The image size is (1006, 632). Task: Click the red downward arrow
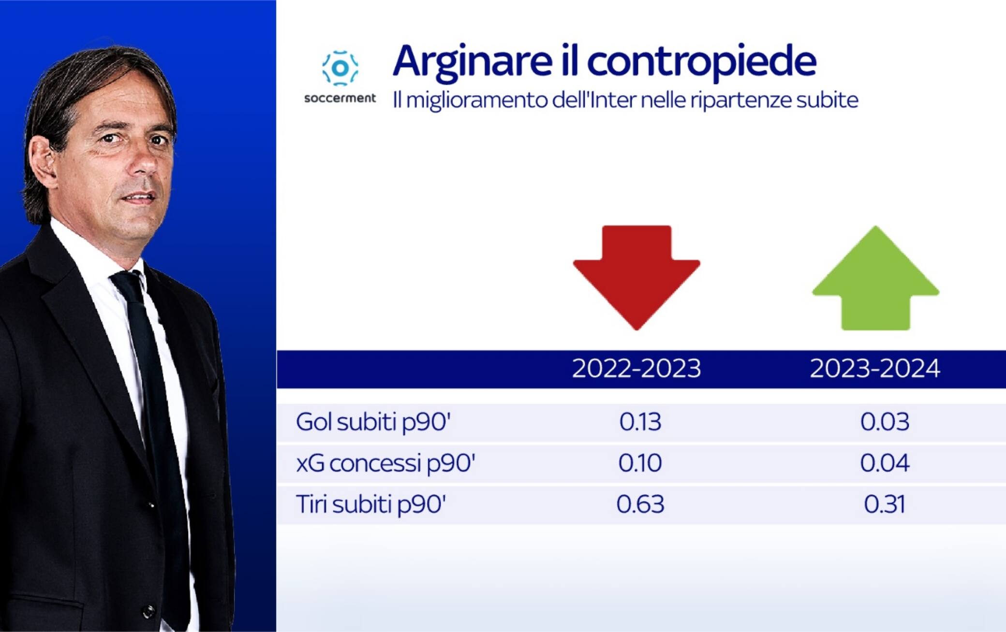[636, 277]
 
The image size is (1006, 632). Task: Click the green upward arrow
[875, 278]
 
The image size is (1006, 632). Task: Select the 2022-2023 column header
[636, 369]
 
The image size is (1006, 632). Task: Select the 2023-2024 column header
[875, 369]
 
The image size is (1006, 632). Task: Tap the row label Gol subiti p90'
[373, 422]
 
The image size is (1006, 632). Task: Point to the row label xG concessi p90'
[385, 463]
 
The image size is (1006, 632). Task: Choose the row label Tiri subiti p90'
[370, 504]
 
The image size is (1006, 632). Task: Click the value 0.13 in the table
[640, 422]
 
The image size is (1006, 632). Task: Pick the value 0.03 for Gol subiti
[885, 422]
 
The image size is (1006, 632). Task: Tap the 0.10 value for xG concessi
[640, 463]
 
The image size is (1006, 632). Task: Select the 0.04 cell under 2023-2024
[885, 463]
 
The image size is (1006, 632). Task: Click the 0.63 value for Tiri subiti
[640, 504]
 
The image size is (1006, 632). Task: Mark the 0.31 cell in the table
[885, 504]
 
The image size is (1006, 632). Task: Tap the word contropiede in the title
[702, 61]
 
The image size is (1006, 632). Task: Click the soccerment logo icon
[340, 68]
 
